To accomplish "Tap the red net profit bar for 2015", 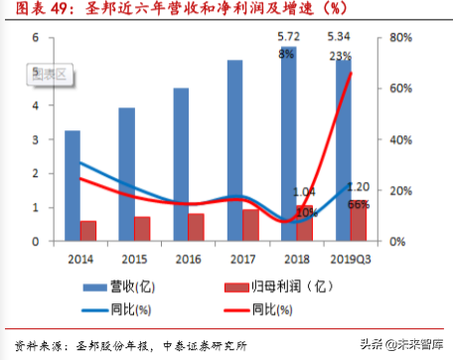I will click(143, 229).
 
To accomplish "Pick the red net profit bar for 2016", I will click(197, 227).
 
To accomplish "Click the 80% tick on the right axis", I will click(399, 38).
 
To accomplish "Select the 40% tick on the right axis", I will click(399, 139).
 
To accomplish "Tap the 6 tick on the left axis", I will click(36, 38).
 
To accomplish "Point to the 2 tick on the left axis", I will click(36, 173).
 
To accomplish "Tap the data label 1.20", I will click(358, 187).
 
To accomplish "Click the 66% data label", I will click(359, 204).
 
